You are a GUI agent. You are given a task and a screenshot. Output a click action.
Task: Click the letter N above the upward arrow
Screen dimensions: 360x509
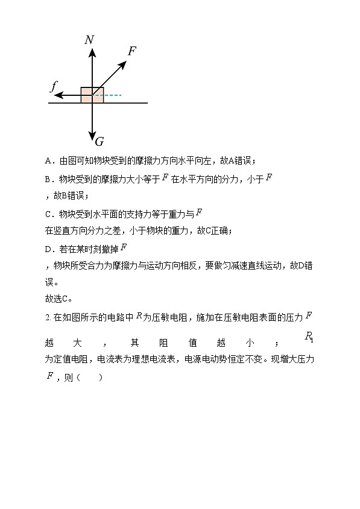(x=89, y=40)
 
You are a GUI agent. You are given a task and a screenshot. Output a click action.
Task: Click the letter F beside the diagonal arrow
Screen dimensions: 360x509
(x=131, y=51)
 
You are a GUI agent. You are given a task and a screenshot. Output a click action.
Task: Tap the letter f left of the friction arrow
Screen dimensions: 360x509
(x=54, y=87)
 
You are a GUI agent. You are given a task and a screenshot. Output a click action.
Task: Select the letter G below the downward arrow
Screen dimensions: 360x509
(x=99, y=142)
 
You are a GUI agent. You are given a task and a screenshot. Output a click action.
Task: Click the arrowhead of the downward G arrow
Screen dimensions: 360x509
(x=92, y=136)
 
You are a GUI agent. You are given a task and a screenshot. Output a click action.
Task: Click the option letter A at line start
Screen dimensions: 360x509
(x=48, y=161)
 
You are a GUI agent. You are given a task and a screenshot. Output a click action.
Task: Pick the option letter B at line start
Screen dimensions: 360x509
(x=48, y=179)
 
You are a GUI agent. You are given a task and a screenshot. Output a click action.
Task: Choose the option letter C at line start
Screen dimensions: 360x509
(x=48, y=214)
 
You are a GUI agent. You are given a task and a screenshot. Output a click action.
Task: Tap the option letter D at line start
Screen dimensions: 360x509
(x=48, y=248)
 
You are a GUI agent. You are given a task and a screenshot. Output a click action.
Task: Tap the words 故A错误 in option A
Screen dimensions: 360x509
(x=238, y=161)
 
